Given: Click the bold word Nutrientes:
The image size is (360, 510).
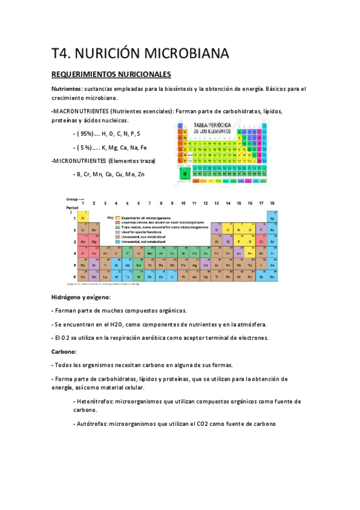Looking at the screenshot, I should click(x=68, y=89).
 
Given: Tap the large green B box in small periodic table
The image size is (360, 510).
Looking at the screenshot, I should click(x=186, y=174).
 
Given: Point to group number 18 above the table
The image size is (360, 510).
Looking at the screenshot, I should click(x=272, y=203).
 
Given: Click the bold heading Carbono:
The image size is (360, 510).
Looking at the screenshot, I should click(x=64, y=351).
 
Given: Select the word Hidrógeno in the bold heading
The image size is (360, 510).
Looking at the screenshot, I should click(x=68, y=297).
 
